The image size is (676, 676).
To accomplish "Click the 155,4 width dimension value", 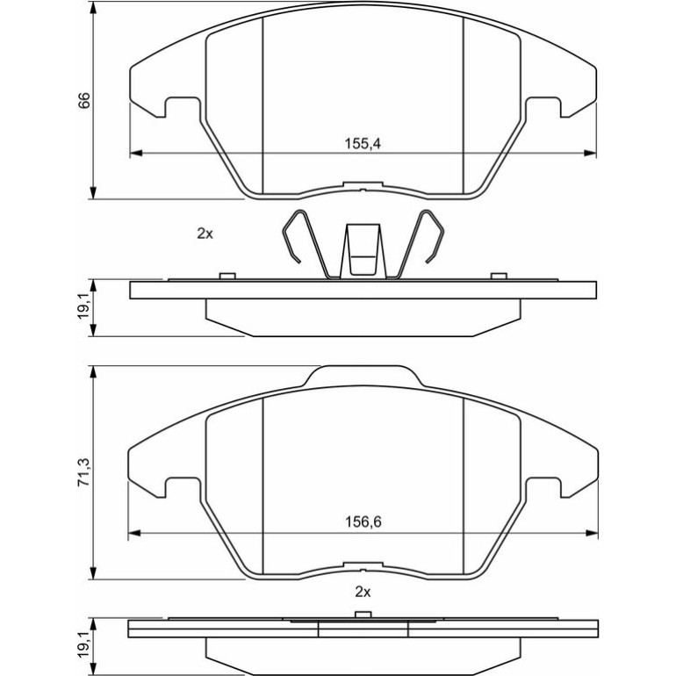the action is coord(363,143).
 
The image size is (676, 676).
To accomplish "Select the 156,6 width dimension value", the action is coord(363,522).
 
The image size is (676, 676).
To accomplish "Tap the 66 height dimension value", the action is coord(84,99).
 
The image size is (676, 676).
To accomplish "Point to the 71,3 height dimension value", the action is coord(84,473).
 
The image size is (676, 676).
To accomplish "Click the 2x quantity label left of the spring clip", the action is coord(205,234).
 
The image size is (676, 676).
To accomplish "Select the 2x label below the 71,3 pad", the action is coord(363,592).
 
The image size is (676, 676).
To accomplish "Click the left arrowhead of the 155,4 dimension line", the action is coord(136,153).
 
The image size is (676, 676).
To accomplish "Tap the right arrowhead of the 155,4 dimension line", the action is coord(590,153).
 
